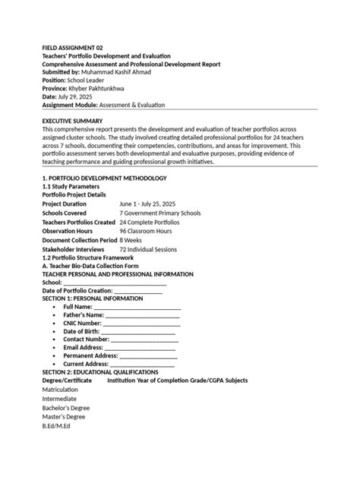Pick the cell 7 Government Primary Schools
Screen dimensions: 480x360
(x=160, y=213)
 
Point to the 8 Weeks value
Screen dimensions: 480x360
(x=131, y=240)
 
